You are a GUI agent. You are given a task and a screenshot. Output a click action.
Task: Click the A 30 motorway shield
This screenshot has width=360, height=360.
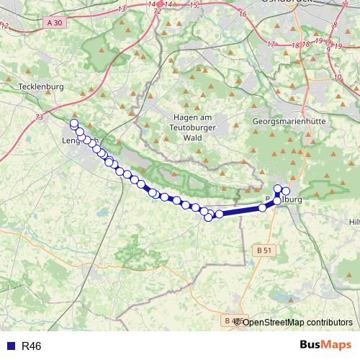(55, 23)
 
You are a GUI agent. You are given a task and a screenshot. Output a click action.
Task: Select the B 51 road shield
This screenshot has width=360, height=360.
(264, 250)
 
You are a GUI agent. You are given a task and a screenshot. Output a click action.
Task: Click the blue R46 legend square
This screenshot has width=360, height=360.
(9, 346)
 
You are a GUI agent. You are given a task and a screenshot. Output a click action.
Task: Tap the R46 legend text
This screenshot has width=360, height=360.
(32, 346)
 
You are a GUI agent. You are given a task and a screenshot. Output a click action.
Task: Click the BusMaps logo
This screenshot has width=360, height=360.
(325, 346)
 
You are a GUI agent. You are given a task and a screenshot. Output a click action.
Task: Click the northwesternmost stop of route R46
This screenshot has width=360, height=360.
(73, 124)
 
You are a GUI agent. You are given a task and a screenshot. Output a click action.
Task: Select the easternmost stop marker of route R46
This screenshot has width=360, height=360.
(286, 190)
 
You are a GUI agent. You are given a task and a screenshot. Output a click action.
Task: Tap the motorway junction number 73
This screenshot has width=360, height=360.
(38, 117)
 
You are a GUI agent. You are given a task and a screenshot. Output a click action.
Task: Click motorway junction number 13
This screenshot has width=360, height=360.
(121, 9)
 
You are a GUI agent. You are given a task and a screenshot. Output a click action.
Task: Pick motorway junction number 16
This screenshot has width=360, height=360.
(243, 14)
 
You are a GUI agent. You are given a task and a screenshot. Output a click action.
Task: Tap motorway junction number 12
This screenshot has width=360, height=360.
(5, 26)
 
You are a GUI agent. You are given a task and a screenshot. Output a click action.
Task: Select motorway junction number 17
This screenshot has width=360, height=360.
(271, 44)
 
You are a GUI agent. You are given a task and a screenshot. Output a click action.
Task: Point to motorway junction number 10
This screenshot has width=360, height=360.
(338, 76)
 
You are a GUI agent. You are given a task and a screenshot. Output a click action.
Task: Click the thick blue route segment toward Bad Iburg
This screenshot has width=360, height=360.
(241, 210)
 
